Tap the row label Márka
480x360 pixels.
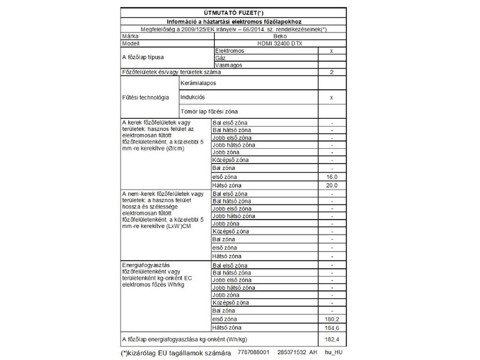click(x=131, y=36)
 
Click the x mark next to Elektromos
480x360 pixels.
click(x=332, y=51)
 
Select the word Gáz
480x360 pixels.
click(x=220, y=58)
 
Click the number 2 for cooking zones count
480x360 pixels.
click(x=332, y=72)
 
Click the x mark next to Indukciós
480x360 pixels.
click(x=332, y=97)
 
